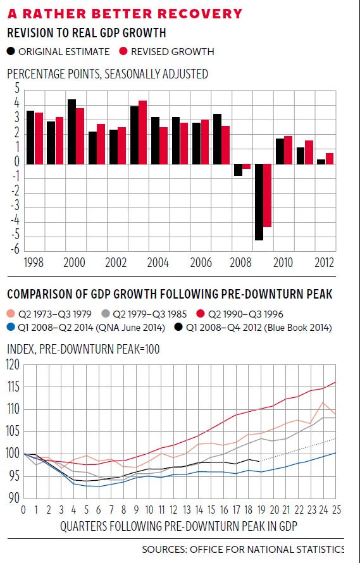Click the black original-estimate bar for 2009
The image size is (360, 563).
[x=259, y=202]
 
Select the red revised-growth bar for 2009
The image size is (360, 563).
[x=267, y=195]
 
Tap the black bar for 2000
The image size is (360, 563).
[x=72, y=132]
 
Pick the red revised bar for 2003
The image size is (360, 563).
[x=142, y=132]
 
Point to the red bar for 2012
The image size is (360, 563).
[x=330, y=159]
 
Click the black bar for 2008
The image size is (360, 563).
[x=238, y=170]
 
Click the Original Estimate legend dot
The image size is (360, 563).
[x=11, y=51]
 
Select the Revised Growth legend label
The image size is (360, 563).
[x=173, y=52]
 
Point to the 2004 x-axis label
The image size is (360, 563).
[x=158, y=263]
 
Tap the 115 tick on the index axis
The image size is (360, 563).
[x=13, y=387]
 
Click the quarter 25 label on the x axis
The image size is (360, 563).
[x=336, y=510]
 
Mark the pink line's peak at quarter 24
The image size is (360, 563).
[x=323, y=403]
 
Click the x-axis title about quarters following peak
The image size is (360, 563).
[x=179, y=526]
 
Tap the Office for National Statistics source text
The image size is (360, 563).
[x=243, y=550]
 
